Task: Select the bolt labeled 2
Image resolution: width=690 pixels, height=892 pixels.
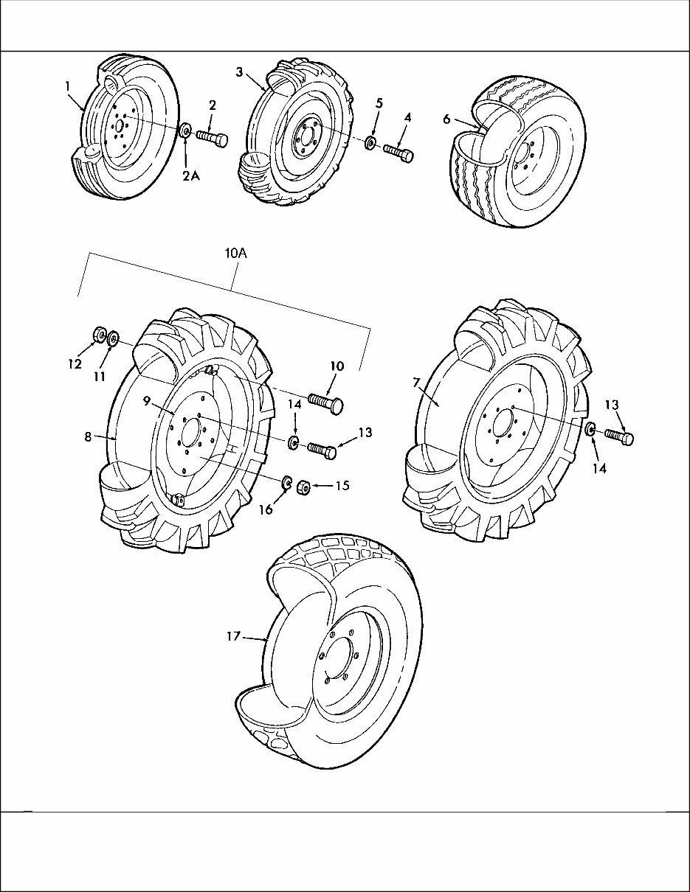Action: [x=212, y=138]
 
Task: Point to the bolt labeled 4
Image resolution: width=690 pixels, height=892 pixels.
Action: [x=399, y=153]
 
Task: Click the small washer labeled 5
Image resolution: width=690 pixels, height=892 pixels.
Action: [x=370, y=140]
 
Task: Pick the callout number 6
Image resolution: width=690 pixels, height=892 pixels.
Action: [x=447, y=119]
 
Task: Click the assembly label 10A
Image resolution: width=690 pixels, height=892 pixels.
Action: [x=235, y=253]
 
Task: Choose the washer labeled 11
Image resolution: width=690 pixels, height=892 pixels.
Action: [x=114, y=339]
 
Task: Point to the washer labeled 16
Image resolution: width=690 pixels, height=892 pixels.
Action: [x=284, y=482]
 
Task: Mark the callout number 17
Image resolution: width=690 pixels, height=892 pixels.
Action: [x=233, y=635]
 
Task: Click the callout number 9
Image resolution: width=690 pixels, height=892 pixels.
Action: [x=147, y=400]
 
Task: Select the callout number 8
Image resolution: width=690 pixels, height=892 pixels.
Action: [x=88, y=436]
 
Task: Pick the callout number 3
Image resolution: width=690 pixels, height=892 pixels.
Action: [x=240, y=72]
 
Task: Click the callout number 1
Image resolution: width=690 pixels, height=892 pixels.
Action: [x=67, y=86]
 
